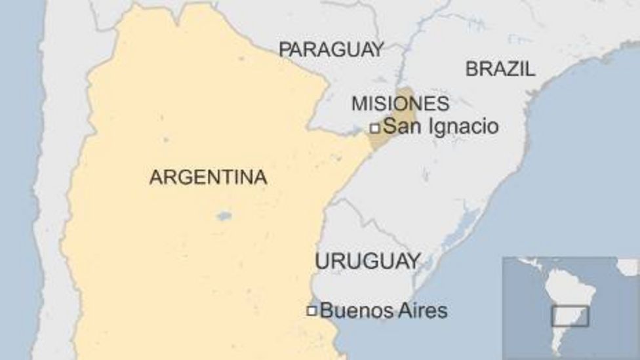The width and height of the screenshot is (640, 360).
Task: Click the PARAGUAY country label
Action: tap(331, 49)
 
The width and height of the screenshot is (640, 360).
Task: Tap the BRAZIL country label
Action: tap(500, 69)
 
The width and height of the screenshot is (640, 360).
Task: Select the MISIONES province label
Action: tap(400, 104)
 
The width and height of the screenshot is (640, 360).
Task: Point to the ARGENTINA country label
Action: tap(208, 177)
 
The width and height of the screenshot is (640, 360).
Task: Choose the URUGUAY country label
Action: tap(367, 261)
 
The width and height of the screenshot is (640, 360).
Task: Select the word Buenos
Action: tap(351, 310)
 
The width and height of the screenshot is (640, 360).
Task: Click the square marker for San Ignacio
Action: tap(375, 128)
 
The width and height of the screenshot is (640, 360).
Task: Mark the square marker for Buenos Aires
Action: tap(311, 310)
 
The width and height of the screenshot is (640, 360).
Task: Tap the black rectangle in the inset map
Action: tap(570, 316)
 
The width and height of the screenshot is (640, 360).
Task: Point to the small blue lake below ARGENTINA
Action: tap(224, 216)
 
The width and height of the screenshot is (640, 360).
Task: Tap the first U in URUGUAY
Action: tap(321, 261)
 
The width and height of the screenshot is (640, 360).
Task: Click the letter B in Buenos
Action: tap(326, 310)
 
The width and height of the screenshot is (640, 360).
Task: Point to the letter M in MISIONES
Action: tap(358, 104)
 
